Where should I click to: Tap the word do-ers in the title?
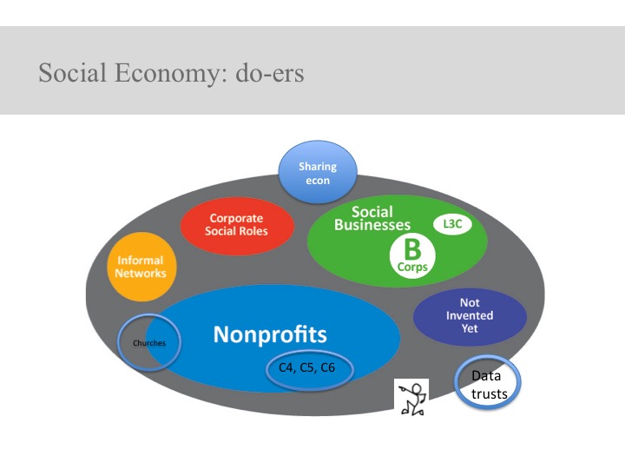coord(270,73)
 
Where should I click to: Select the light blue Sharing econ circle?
coord(318,172)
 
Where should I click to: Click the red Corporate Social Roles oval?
coord(237,226)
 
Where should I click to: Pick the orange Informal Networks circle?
coord(141,267)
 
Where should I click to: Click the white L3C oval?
coord(452,224)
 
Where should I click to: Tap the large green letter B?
coord(412,249)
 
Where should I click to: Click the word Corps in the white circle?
coord(412,267)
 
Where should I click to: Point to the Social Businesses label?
coord(372,218)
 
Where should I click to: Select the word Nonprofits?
coord(270,334)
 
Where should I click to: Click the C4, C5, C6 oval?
coord(309,370)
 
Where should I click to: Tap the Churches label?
coord(149,343)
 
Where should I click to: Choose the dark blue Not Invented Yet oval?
coord(470,317)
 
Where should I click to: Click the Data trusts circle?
coord(487,383)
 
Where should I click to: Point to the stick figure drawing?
coord(411,397)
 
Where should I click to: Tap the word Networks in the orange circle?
coord(141,274)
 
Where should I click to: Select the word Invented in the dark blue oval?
coord(470,315)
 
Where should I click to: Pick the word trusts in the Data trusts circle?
coord(489,394)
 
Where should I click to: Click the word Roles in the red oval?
coord(252,231)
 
